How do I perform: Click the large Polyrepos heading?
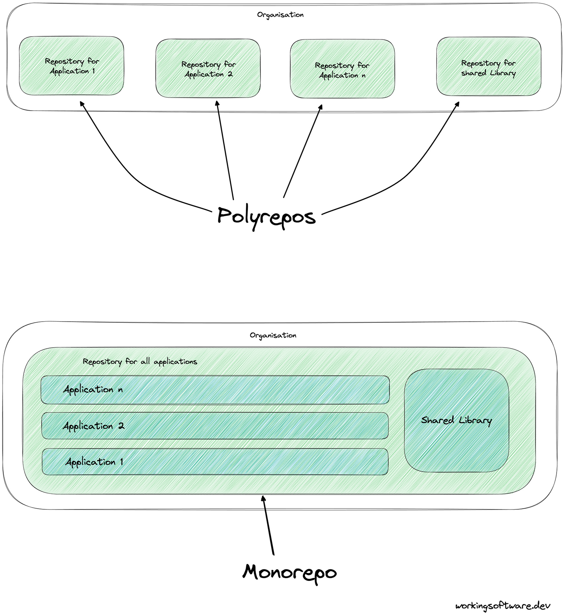point(266,216)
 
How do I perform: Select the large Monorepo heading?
point(289,572)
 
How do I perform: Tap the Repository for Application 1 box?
point(72,66)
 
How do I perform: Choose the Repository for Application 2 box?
point(208,69)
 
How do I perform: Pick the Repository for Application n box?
point(342,69)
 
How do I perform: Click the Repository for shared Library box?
point(489,67)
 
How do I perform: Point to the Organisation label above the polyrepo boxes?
point(280,15)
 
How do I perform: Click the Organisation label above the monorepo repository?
point(273,335)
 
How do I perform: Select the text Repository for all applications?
point(140,362)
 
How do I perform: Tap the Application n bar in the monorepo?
point(215,390)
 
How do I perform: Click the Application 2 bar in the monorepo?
point(215,426)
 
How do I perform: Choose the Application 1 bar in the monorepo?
point(215,462)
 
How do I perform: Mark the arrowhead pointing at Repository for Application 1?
point(82,104)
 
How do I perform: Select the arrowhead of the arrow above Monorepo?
point(263,498)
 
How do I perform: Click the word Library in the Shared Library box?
point(475,420)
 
